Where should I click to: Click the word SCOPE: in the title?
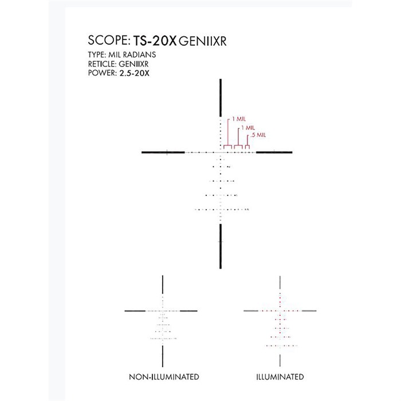click(109, 41)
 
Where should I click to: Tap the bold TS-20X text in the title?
click(155, 41)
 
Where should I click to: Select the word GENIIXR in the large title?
click(203, 41)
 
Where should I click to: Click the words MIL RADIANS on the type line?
click(132, 55)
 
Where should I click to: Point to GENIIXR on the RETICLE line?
click(133, 64)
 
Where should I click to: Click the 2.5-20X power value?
click(134, 73)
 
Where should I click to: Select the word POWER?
click(103, 73)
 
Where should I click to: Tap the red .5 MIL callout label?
click(258, 135)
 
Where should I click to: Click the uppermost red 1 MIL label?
click(239, 119)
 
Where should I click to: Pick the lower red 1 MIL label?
click(248, 128)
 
